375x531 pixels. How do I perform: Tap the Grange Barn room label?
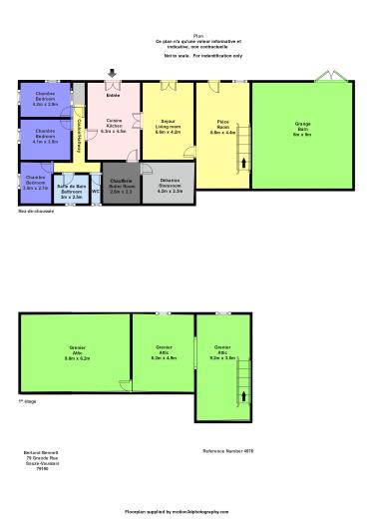302,128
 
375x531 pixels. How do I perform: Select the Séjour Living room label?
168,126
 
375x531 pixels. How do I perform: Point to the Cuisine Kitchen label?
115,126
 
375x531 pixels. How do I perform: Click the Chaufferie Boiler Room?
121,185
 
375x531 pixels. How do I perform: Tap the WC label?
96,191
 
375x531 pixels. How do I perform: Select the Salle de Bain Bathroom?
71,191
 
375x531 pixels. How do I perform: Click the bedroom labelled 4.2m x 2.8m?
45,101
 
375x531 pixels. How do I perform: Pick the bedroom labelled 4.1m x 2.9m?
45,139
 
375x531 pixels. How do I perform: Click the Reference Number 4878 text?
225,451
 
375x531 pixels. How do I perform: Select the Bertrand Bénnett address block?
40,459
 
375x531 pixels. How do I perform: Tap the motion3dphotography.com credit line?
187,510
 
